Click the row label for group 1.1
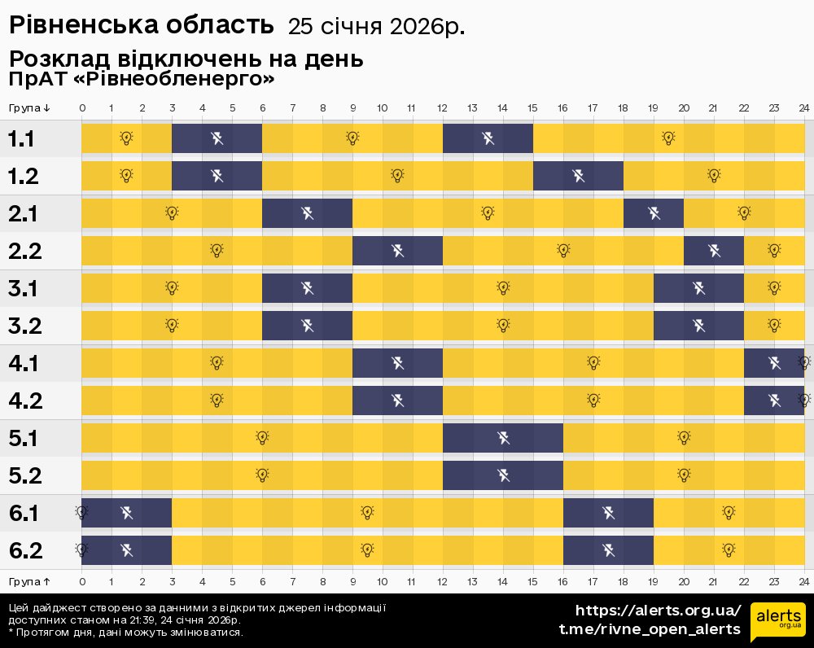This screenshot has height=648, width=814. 21,138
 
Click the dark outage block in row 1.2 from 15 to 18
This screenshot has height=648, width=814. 578,176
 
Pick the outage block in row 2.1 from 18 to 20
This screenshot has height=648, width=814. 654,213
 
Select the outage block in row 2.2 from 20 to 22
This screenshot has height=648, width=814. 714,251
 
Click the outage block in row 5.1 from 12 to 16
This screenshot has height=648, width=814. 503,438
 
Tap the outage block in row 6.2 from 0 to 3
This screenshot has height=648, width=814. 126,550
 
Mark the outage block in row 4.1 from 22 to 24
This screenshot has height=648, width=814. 774,363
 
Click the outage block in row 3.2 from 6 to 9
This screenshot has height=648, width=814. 307,326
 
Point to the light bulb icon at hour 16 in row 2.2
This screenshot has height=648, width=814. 563,251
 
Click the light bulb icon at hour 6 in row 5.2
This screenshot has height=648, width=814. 262,475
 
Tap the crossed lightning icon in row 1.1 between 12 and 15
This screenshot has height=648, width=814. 488,138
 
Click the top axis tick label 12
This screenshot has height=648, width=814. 443,107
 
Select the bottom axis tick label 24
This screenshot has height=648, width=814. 803,581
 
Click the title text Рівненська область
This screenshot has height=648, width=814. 141,25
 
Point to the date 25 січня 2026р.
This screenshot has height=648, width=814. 376,27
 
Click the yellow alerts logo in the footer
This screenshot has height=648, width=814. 777,622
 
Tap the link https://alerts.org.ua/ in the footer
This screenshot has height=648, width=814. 658,611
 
